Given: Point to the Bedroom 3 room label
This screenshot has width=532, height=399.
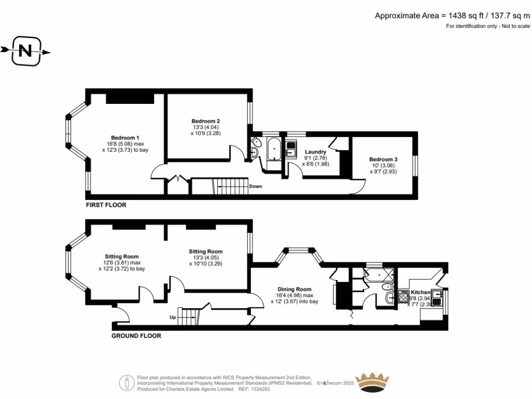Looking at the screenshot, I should pyautogui.click(x=383, y=159).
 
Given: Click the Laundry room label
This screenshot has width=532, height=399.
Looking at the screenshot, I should pyautogui.click(x=315, y=152).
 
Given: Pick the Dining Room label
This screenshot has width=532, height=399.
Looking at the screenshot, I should pyautogui.click(x=294, y=289).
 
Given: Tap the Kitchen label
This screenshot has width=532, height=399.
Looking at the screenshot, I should pyautogui.click(x=420, y=292).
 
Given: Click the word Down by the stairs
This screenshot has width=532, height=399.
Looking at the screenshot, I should pyautogui.click(x=256, y=187).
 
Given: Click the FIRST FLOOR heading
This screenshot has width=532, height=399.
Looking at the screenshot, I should pyautogui.click(x=106, y=205).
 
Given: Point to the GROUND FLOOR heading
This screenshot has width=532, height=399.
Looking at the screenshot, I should pyautogui.click(x=136, y=336).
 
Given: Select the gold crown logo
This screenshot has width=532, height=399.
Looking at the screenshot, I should pyautogui.click(x=372, y=383).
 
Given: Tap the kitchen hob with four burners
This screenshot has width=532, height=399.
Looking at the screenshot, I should pyautogui.click(x=403, y=297).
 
